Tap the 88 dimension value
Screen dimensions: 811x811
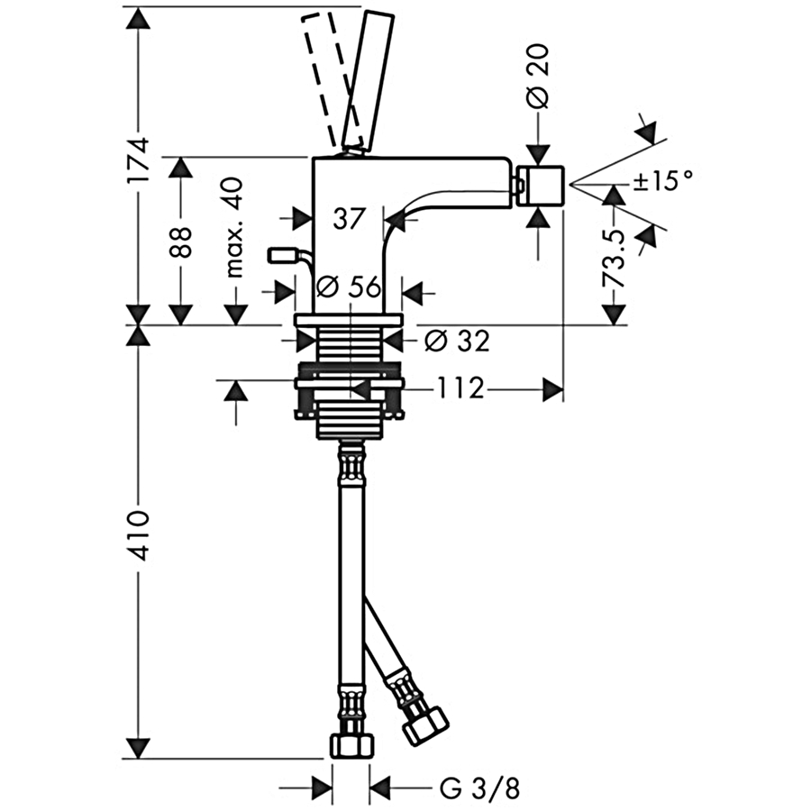coord(181,241)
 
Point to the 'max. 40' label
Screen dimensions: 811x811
coord(234,227)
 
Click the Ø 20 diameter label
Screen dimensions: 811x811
coord(539,77)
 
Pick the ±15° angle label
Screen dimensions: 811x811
coord(662,181)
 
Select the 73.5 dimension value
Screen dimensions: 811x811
coord(614,259)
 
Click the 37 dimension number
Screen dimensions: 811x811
coord(349,218)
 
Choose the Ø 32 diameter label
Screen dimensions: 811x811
coord(457,341)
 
